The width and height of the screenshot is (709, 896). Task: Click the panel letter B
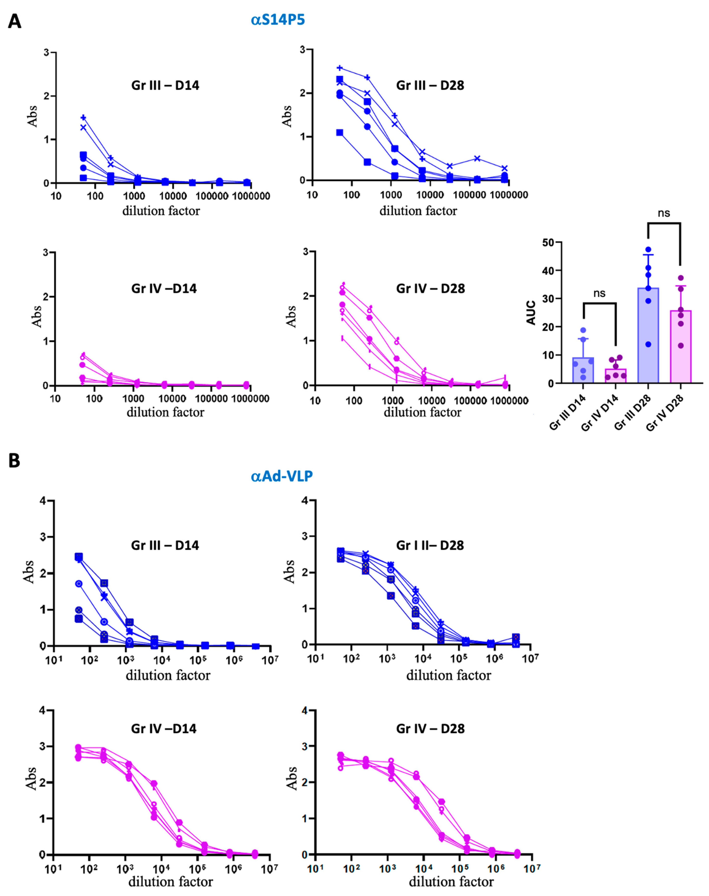[14, 461]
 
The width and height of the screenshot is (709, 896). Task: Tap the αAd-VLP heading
[282, 476]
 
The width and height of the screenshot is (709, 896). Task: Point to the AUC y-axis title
[531, 313]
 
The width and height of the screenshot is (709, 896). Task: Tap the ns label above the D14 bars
[599, 293]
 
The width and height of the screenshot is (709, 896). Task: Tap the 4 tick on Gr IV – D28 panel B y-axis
[305, 710]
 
